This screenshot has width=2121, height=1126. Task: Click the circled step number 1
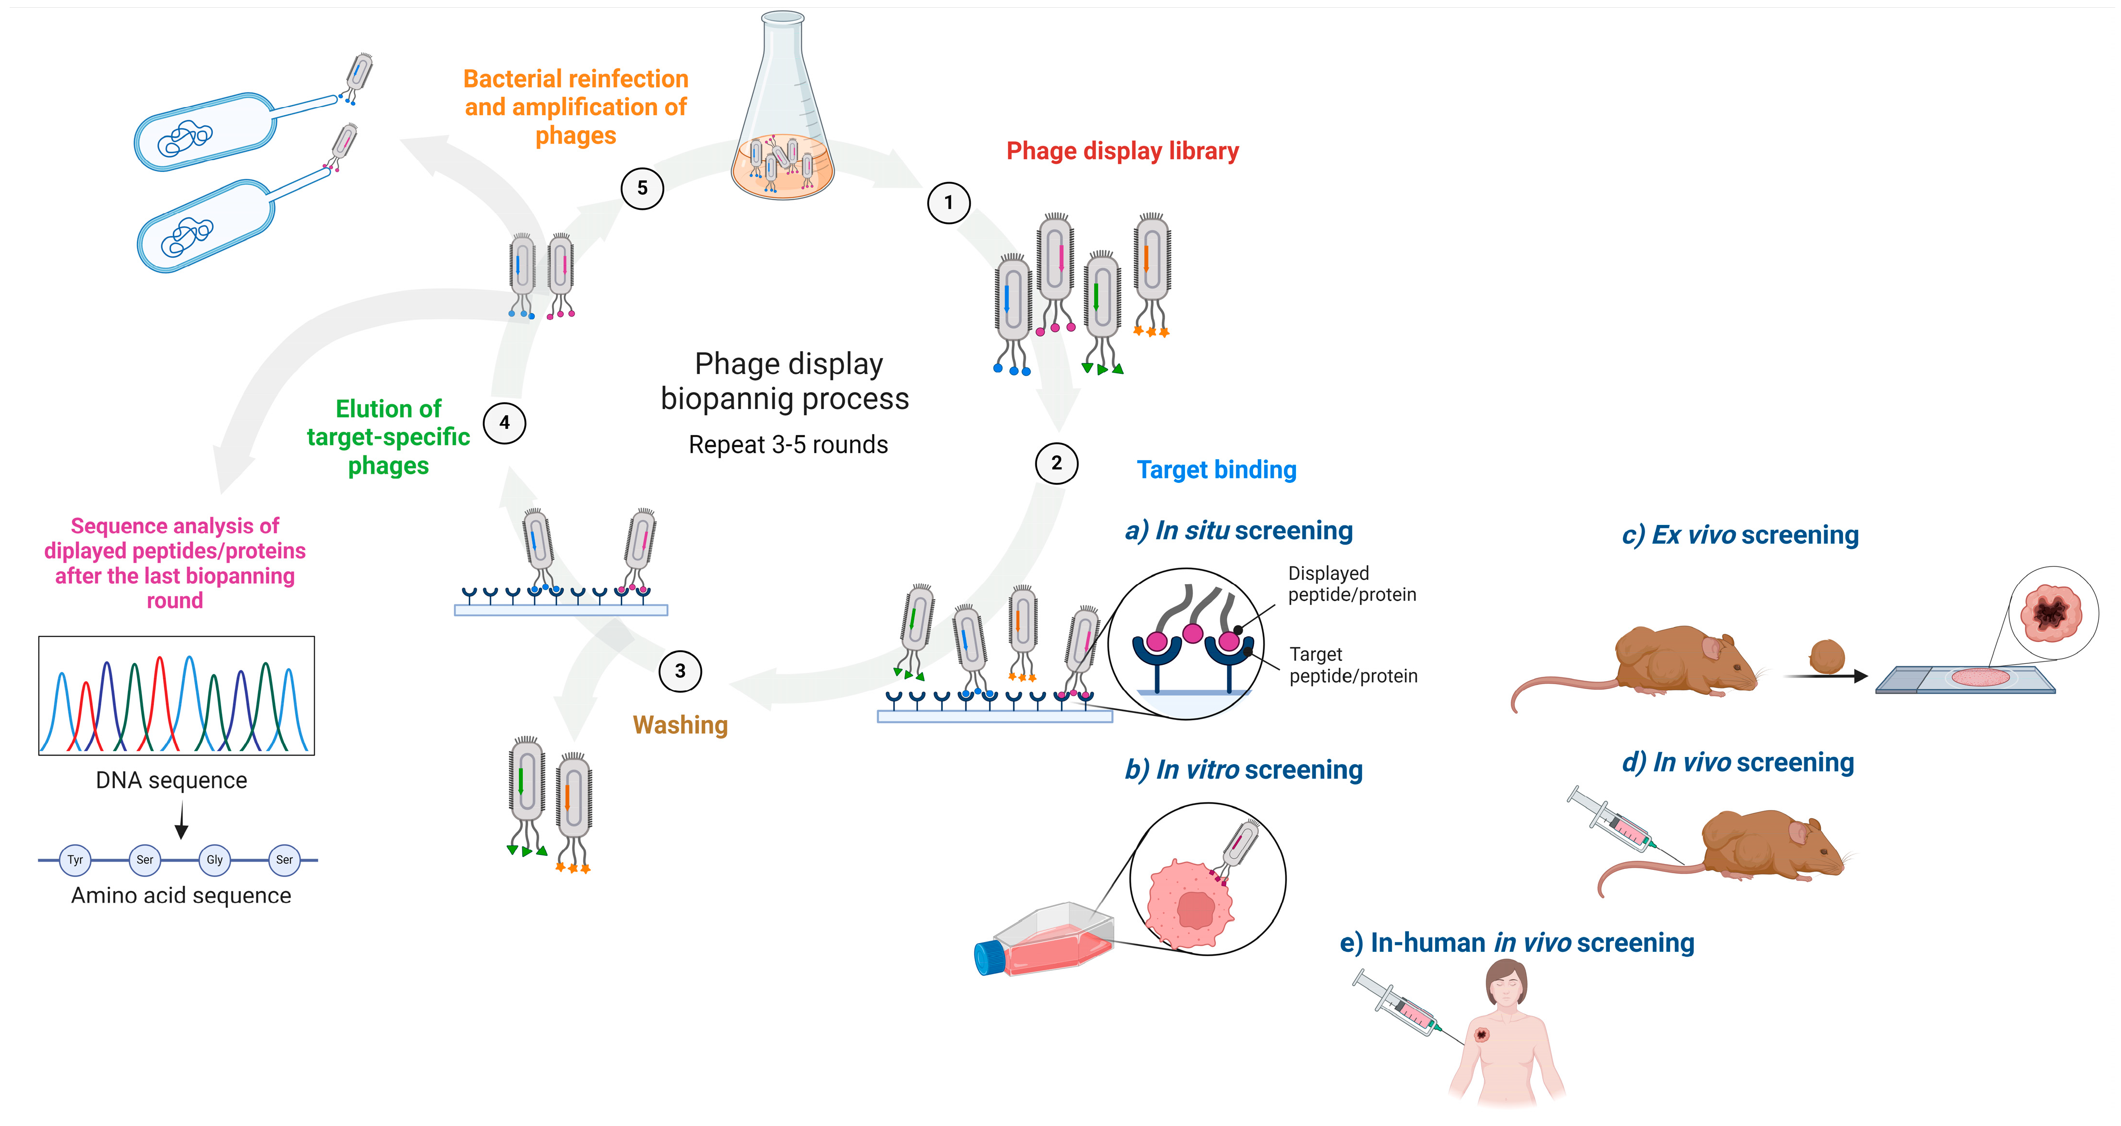949,203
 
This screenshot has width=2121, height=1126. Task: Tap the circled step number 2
1056,464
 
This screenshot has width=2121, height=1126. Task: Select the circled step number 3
680,672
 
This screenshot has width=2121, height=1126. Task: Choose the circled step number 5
642,189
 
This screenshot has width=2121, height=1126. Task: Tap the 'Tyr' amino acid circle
75,860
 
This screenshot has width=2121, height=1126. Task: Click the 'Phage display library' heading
1122,151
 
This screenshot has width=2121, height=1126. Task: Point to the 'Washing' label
680,725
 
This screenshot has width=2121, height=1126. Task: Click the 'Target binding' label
1216,470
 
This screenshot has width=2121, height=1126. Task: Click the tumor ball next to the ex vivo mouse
1826,657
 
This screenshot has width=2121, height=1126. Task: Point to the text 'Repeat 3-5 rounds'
788,445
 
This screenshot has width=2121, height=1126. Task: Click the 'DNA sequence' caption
171,780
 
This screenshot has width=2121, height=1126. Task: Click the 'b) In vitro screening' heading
1243,769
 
